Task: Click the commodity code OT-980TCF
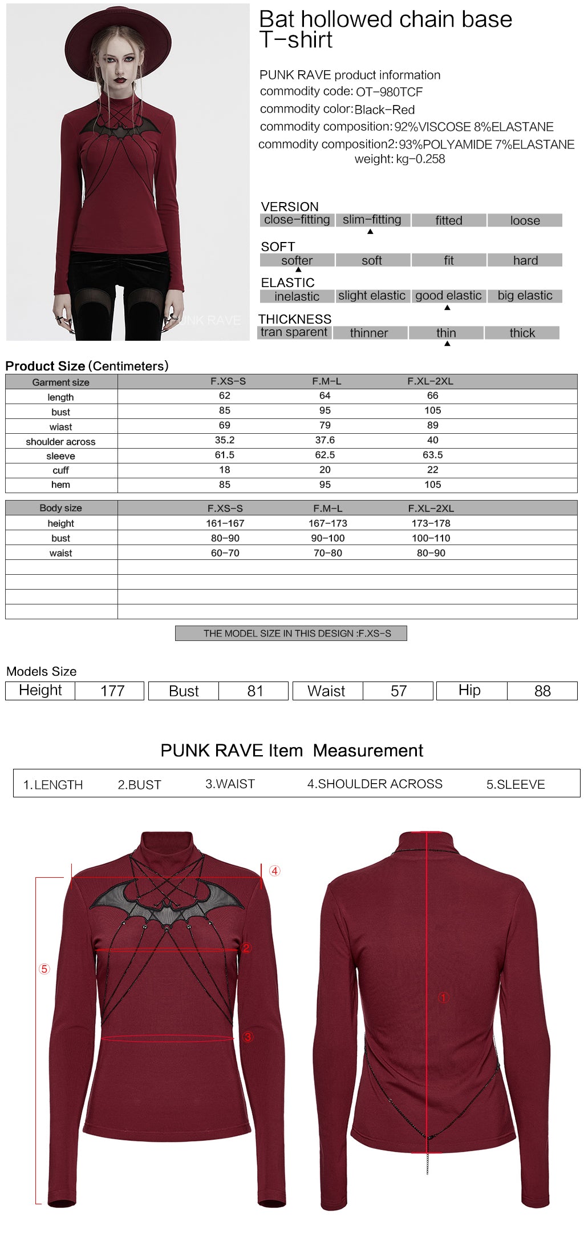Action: tap(389, 92)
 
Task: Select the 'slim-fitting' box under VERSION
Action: tap(372, 220)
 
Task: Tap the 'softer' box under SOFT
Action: tap(297, 260)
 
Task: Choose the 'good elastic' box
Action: tap(448, 296)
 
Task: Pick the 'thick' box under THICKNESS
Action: tap(522, 333)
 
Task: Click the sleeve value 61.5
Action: tap(225, 455)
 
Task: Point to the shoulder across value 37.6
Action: tap(325, 440)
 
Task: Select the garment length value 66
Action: tap(433, 396)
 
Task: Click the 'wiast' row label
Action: tap(60, 427)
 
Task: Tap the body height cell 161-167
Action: tap(225, 523)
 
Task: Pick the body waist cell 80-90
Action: tap(431, 553)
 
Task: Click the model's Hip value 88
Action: tap(542, 691)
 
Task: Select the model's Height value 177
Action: tap(112, 691)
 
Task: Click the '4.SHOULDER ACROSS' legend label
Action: tap(375, 784)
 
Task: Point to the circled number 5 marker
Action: tap(44, 969)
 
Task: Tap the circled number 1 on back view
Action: tap(443, 998)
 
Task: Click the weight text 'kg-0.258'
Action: tap(420, 159)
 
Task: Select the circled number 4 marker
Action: tap(275, 871)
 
